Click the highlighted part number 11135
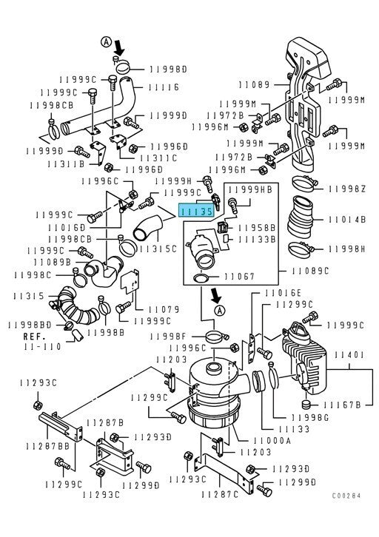coord(195,211)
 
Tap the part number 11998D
coord(170,69)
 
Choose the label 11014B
coord(346,220)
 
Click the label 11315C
coord(159,249)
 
